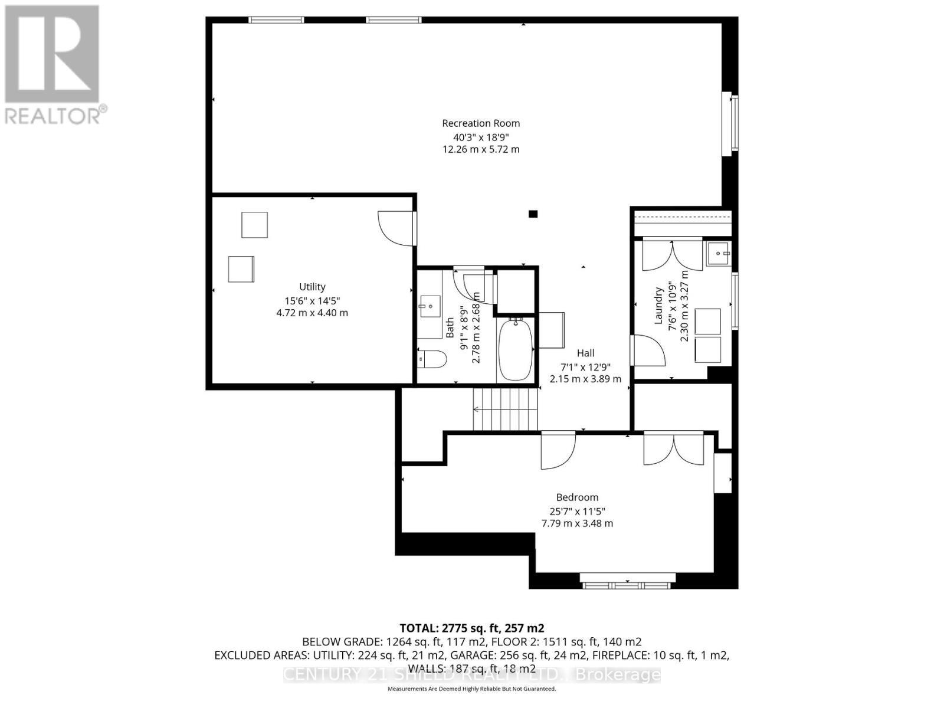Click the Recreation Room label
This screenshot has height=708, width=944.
tap(481, 123)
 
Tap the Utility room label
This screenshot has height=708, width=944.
tap(312, 287)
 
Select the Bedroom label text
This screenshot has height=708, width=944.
tap(577, 497)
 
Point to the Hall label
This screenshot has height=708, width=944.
tap(585, 353)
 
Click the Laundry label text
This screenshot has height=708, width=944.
tap(659, 306)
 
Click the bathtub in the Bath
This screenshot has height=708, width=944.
tap(516, 349)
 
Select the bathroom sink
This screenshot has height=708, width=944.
tap(430, 306)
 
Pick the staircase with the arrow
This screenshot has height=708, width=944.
tap(506, 409)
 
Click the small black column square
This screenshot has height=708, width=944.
tap(533, 214)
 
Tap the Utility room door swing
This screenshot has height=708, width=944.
tap(395, 227)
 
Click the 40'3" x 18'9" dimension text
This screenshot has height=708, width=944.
tap(481, 137)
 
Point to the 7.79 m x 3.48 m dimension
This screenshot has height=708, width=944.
tap(577, 523)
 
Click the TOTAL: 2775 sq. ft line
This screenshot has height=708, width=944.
tap(471, 628)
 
